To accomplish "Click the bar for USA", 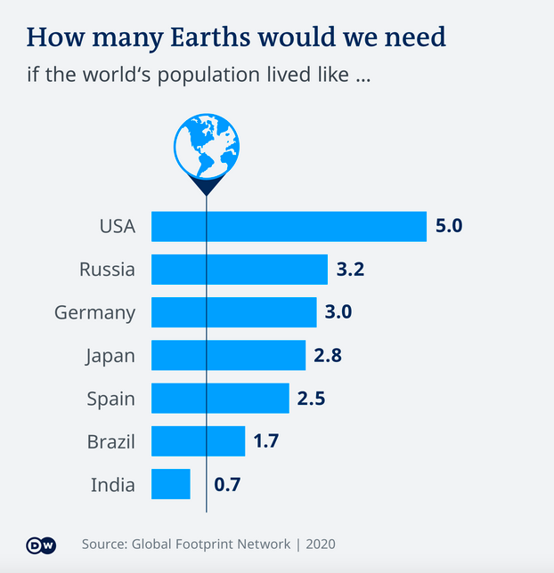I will [289, 226].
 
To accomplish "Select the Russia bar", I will [240, 269].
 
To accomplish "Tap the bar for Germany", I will [233, 312].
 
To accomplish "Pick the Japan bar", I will [228, 355].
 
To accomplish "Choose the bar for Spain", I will [220, 398].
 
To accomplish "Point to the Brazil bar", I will [198, 441].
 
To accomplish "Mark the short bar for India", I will [171, 484].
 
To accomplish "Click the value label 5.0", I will [448, 226].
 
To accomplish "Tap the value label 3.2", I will [351, 269].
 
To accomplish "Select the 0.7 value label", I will [226, 485].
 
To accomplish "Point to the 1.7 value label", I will [266, 441].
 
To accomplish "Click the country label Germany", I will [95, 313].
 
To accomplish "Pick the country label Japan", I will [110, 356].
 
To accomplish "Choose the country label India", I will [113, 485].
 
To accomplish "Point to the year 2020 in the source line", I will [321, 544].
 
